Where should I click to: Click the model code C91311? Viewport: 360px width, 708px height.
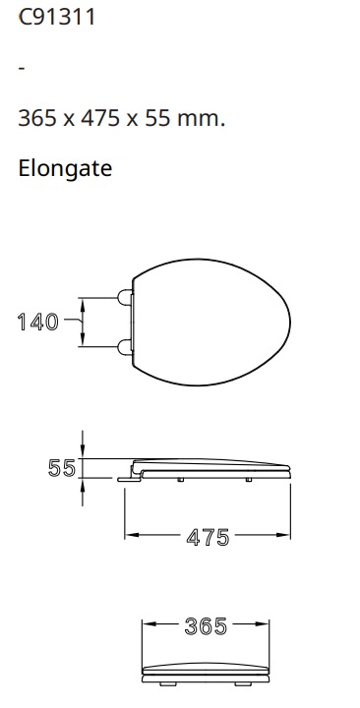pyautogui.click(x=57, y=18)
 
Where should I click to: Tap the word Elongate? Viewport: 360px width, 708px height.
pyautogui.click(x=65, y=168)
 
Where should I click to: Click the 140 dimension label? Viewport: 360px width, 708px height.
pyautogui.click(x=37, y=322)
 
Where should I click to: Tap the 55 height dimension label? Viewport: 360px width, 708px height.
pyautogui.click(x=62, y=468)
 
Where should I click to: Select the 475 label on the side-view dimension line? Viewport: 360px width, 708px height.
pyautogui.click(x=208, y=537)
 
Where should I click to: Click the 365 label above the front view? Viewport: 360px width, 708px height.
pyautogui.click(x=207, y=625)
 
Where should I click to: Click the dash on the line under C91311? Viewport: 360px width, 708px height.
pyautogui.click(x=22, y=69)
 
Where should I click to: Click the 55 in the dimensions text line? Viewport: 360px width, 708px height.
pyautogui.click(x=160, y=119)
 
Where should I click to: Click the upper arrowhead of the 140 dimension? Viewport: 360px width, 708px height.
pyautogui.click(x=83, y=304)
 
